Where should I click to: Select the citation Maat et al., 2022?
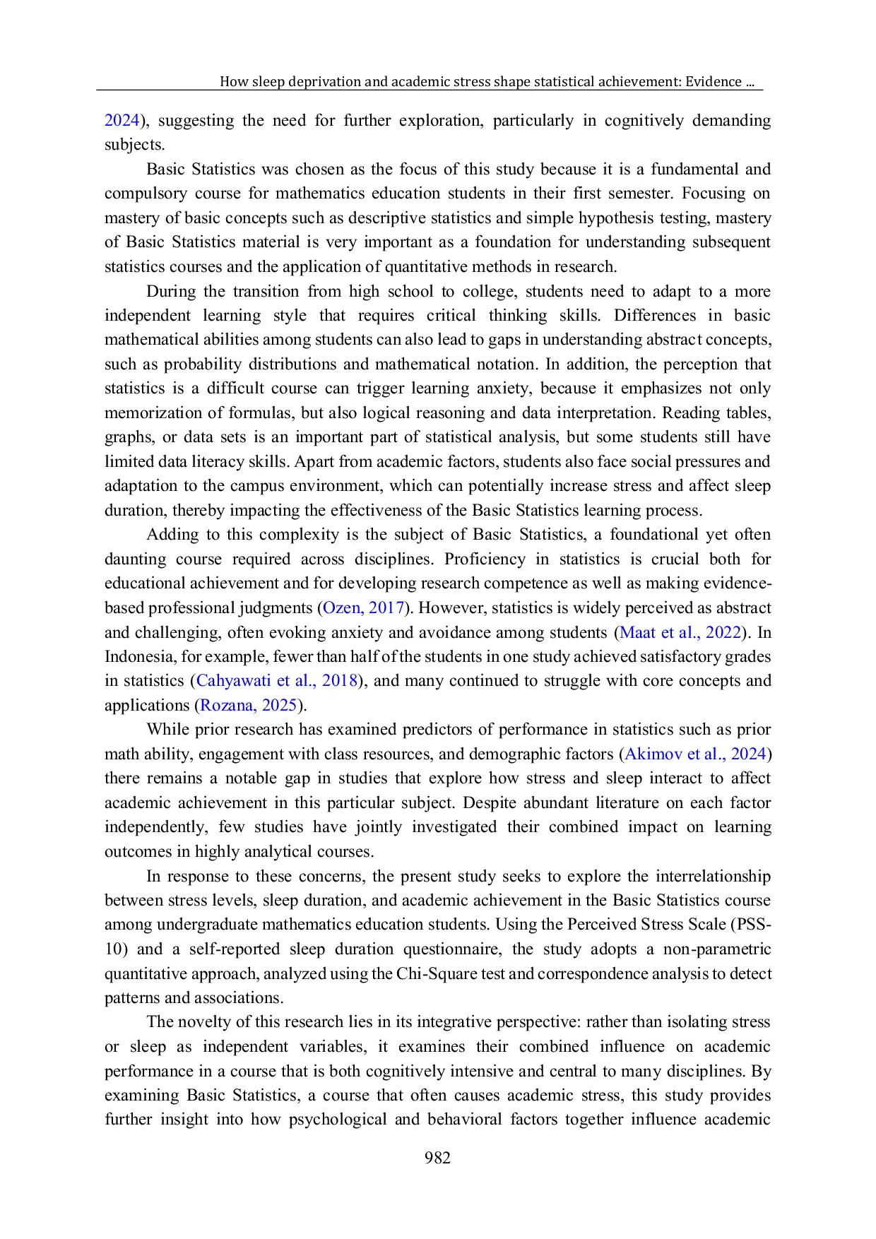click(x=680, y=632)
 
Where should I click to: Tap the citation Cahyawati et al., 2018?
click(x=276, y=681)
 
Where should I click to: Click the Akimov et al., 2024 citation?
click(x=695, y=754)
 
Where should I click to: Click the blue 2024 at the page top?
click(x=122, y=120)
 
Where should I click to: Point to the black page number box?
click(x=438, y=1156)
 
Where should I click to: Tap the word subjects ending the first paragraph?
click(x=134, y=145)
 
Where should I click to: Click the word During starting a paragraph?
click(x=170, y=291)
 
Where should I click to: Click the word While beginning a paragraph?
click(x=167, y=730)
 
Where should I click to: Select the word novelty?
click(x=206, y=1022)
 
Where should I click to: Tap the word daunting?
click(x=135, y=559)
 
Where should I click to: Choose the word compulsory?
click(x=144, y=194)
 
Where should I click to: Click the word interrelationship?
click(x=713, y=876)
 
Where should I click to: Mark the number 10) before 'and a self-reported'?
click(x=116, y=949)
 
